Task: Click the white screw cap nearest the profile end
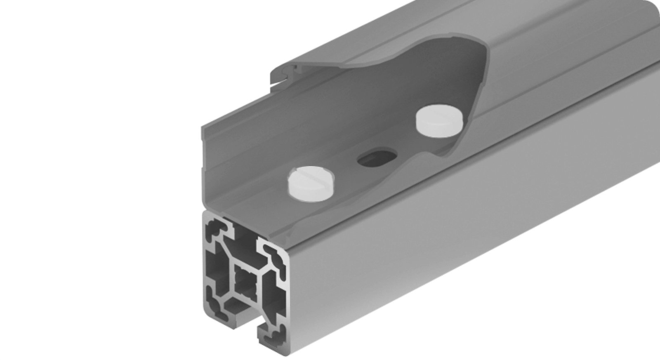tap(306, 182)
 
